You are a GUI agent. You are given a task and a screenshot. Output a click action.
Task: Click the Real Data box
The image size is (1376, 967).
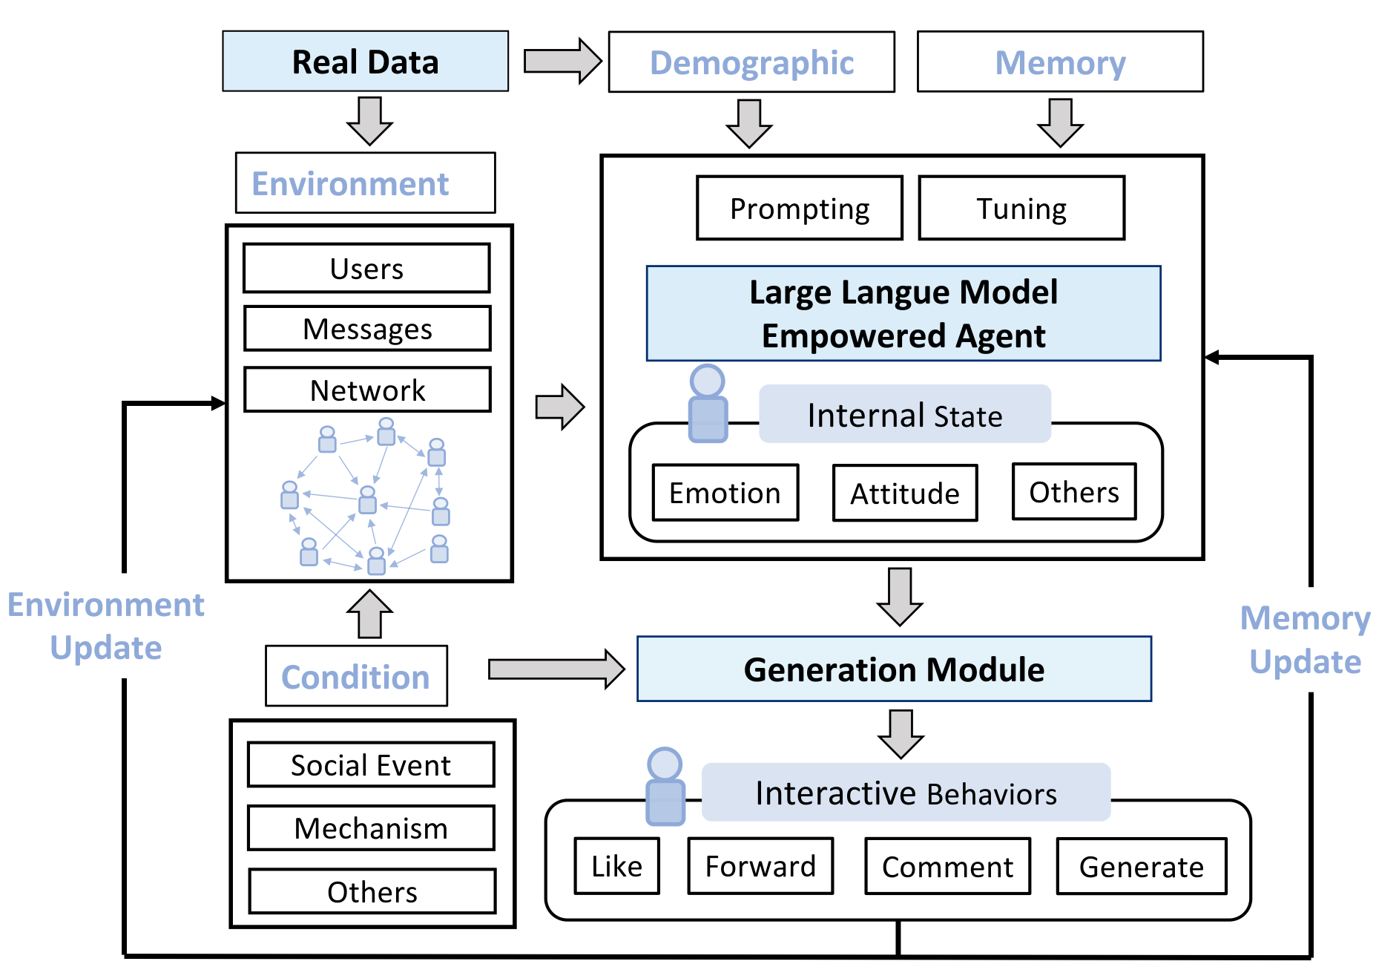pyautogui.click(x=365, y=62)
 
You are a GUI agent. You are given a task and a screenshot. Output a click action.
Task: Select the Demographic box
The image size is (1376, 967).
pyautogui.click(x=751, y=62)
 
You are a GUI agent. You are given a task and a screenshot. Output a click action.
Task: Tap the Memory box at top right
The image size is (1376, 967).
pyautogui.click(x=1059, y=62)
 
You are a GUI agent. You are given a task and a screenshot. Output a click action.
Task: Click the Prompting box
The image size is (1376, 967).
pyautogui.click(x=799, y=209)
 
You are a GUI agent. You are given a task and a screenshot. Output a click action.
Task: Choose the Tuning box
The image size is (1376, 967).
pyautogui.click(x=1021, y=209)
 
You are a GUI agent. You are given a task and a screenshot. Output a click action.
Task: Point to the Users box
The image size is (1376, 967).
pyautogui.click(x=366, y=269)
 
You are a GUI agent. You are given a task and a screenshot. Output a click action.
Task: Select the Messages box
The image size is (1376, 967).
pyautogui.click(x=367, y=329)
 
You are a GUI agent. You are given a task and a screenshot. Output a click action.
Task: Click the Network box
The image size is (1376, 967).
pyautogui.click(x=367, y=390)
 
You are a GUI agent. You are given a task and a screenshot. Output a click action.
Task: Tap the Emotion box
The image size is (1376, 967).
pyautogui.click(x=725, y=493)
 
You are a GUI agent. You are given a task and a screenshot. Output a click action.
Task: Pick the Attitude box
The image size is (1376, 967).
pyautogui.click(x=904, y=494)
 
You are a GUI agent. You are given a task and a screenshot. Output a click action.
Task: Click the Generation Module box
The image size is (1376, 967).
pyautogui.click(x=894, y=669)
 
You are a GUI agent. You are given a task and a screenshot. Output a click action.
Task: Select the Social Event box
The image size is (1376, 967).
pyautogui.click(x=371, y=765)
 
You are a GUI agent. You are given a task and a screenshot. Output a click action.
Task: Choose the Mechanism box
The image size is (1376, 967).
pyautogui.click(x=371, y=828)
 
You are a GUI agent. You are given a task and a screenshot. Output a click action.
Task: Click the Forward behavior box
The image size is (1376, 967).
pyautogui.click(x=760, y=866)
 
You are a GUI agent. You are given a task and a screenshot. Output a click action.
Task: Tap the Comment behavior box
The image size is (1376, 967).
pyautogui.click(x=947, y=867)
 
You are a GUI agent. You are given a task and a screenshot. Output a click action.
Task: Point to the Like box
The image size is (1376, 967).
pyautogui.click(x=616, y=866)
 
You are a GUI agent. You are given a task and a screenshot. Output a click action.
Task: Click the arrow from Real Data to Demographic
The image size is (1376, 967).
pyautogui.click(x=562, y=61)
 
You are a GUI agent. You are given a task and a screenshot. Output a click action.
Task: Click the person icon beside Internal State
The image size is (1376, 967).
pyautogui.click(x=708, y=404)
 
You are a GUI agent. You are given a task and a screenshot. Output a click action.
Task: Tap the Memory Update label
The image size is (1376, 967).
pyautogui.click(x=1305, y=639)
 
